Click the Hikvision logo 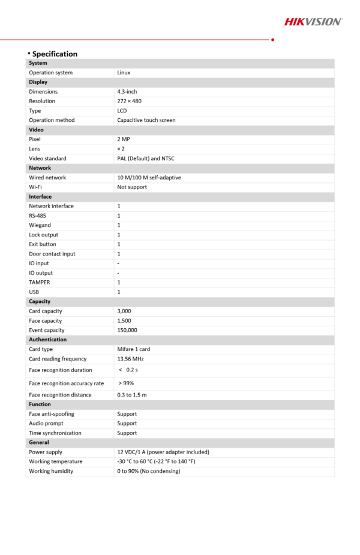tap(313, 22)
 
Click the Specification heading tap(54, 53)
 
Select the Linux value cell tap(124, 73)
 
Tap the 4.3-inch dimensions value tap(127, 92)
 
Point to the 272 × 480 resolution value tap(129, 101)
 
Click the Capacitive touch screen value tap(146, 120)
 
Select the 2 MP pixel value tap(124, 139)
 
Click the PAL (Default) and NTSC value tap(146, 158)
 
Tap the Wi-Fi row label tap(35, 187)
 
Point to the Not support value tap(132, 187)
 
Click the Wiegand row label tap(40, 225)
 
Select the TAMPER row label tap(40, 282)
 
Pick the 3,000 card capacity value tap(124, 311)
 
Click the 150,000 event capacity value tap(127, 330)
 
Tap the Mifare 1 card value tap(134, 349)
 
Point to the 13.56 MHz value tap(130, 359)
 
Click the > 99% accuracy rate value tap(126, 383)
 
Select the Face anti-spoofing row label tap(52, 414)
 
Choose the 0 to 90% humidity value tap(149, 471)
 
